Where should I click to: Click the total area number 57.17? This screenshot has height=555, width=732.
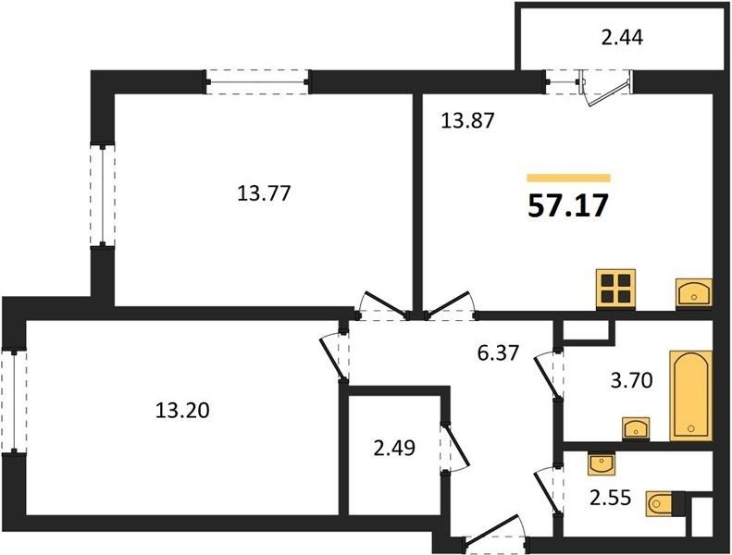point(568,206)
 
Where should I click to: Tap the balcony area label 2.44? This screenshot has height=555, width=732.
point(622,37)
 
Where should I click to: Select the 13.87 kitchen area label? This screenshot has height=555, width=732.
point(467,121)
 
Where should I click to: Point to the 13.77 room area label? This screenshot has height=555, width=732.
point(265,192)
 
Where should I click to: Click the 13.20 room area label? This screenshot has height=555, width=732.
point(182,411)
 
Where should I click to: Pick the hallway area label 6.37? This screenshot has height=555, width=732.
point(498,352)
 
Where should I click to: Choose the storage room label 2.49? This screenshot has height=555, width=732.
point(394,448)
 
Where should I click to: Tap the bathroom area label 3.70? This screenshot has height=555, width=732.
point(632,381)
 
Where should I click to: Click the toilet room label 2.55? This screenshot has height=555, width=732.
point(610,498)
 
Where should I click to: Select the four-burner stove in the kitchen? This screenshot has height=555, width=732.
point(615,289)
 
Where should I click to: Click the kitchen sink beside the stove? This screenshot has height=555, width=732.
point(694,293)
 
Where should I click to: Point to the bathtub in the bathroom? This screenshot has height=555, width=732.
point(691,396)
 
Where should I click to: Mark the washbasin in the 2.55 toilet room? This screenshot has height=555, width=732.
point(601,464)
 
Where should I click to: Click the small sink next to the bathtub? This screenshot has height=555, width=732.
point(637,428)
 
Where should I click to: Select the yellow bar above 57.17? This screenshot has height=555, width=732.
point(568,178)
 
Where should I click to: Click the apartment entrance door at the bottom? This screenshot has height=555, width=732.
point(496,534)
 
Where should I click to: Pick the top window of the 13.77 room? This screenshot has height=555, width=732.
point(257,82)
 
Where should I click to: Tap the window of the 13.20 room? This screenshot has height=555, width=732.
point(14,401)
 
